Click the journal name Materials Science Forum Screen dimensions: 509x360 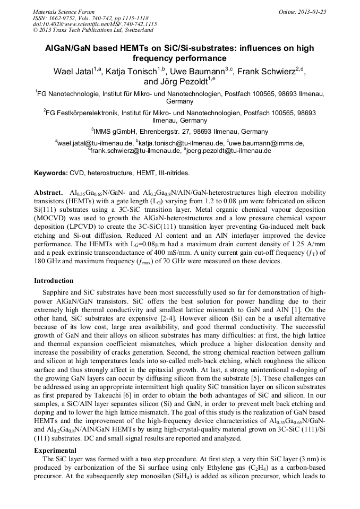[64, 12]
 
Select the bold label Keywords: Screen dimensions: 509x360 [51, 173]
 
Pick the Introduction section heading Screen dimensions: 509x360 [54, 281]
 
